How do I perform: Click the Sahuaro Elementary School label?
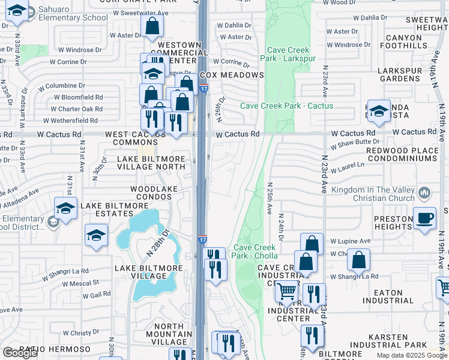click(65, 14)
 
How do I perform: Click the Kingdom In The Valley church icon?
click(425, 193)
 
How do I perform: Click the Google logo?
click(20, 353)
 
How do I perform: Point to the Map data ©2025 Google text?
click(412, 355)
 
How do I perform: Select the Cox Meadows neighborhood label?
click(232, 75)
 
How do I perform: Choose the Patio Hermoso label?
click(55, 349)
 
